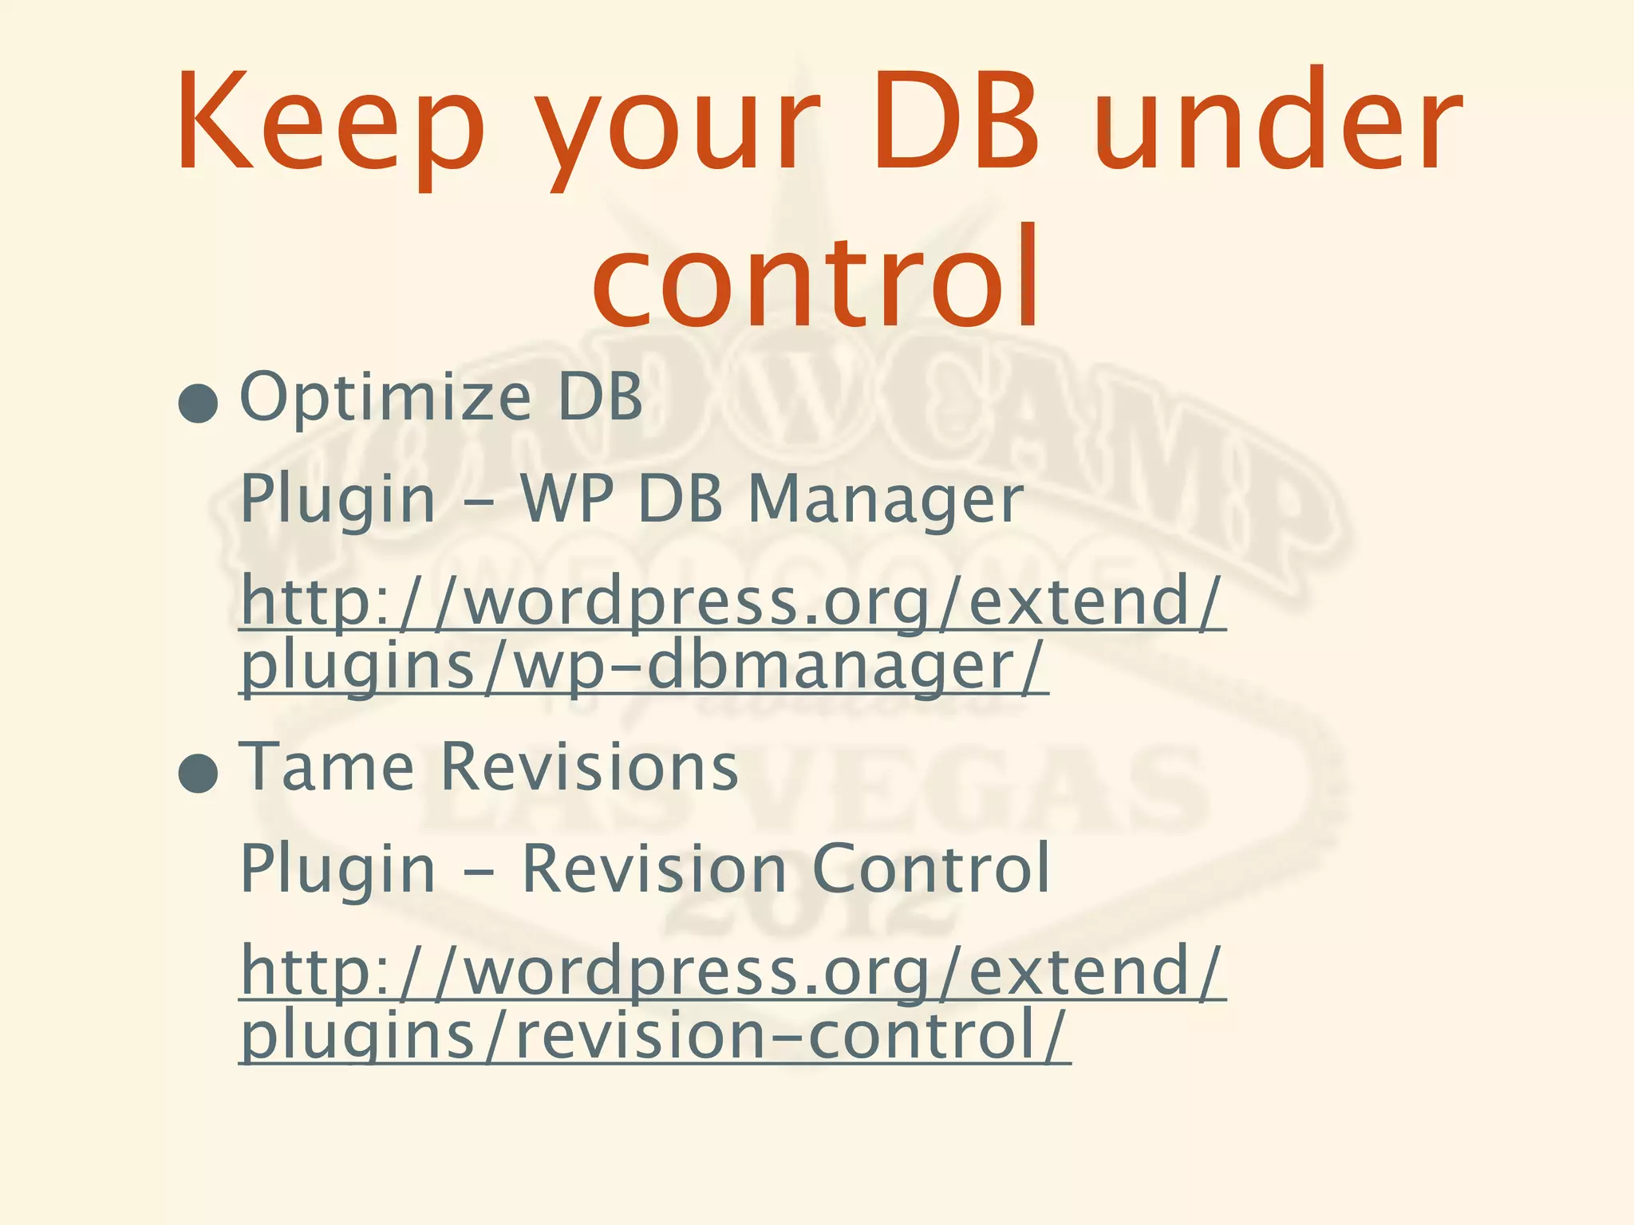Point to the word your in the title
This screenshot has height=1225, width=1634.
678,128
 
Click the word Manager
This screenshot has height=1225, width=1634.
886,499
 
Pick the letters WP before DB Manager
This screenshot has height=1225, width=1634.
566,499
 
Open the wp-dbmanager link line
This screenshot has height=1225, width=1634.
643,667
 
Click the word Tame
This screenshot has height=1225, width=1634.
327,766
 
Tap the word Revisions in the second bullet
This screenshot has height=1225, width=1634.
589,766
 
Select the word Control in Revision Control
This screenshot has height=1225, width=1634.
930,869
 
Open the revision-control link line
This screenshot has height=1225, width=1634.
654,1035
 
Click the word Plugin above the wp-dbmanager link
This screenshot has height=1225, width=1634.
337,501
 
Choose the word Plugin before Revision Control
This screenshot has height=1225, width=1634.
337,870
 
